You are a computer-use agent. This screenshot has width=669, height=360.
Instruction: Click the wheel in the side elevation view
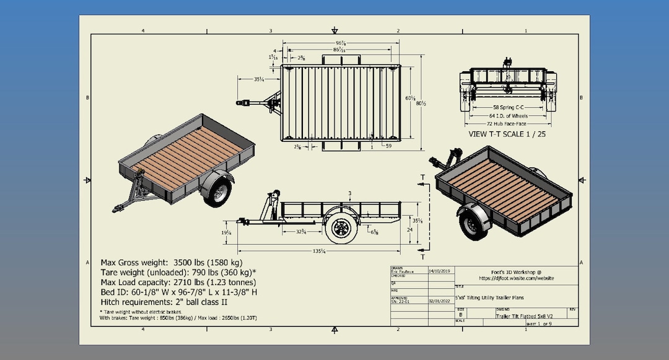tap(341, 228)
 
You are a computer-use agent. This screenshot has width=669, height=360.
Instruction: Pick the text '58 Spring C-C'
tap(507, 107)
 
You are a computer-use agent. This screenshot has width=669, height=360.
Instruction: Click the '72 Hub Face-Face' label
tap(507, 124)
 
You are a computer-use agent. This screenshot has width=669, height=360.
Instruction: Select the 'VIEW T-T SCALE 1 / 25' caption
tap(507, 133)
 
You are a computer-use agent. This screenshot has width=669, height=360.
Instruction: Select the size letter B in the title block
tap(460, 315)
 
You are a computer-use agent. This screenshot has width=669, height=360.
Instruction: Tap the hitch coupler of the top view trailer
tap(241, 102)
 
